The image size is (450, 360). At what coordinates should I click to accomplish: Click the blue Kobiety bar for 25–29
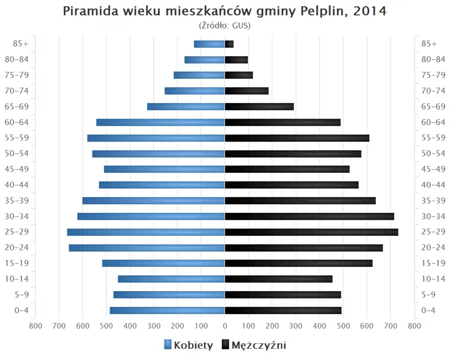(x=146, y=232)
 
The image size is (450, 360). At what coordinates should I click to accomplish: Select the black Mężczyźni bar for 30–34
(x=309, y=217)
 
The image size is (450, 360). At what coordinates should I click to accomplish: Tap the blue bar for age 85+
(x=209, y=44)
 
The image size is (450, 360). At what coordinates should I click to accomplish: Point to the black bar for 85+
(x=229, y=44)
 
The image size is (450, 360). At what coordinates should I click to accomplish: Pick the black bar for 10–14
(x=278, y=279)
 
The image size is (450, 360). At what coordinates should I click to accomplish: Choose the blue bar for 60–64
(x=160, y=122)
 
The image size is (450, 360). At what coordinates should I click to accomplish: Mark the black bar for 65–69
(x=259, y=107)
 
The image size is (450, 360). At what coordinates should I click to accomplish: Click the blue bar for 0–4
(x=167, y=310)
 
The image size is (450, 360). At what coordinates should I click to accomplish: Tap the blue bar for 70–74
(x=195, y=91)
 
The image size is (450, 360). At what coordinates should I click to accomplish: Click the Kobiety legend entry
(x=188, y=345)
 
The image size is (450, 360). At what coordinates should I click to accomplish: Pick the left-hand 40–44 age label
(x=17, y=185)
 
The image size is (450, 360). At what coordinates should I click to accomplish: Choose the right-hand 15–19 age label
(x=433, y=263)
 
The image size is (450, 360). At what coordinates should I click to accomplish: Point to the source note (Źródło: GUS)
(x=225, y=25)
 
